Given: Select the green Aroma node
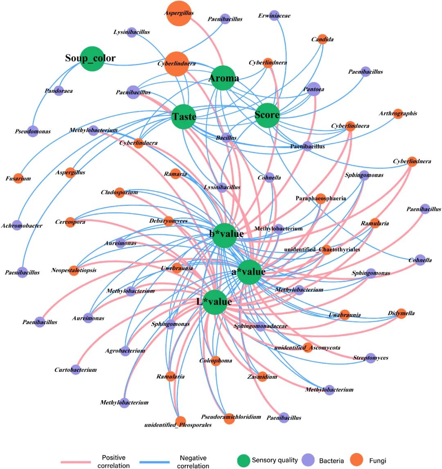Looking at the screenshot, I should (x=223, y=78).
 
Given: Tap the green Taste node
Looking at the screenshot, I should (x=184, y=116).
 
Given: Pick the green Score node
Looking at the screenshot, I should (x=267, y=115).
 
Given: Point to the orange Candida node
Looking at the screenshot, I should (x=322, y=39).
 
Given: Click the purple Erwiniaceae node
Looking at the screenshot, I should (x=275, y=16).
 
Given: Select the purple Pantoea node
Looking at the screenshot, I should (x=313, y=89).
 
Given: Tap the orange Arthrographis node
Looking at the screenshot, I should (x=398, y=114).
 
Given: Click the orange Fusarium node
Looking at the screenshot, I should (x=18, y=178).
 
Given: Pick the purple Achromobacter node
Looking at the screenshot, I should (x=17, y=225).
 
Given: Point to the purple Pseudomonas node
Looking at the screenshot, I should (x=33, y=131).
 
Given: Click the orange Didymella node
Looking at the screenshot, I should (x=401, y=313).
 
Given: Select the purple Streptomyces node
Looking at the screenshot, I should (x=370, y=357).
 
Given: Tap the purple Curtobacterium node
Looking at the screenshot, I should (x=75, y=369).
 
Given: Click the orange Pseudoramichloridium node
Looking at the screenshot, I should (x=229, y=418).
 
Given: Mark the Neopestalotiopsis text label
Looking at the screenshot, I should (x=74, y=271).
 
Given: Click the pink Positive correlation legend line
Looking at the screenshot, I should (x=76, y=462).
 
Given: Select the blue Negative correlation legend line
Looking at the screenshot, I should (x=154, y=462).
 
